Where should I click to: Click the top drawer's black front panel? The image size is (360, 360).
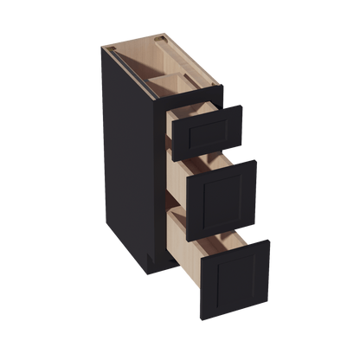[208, 128]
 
